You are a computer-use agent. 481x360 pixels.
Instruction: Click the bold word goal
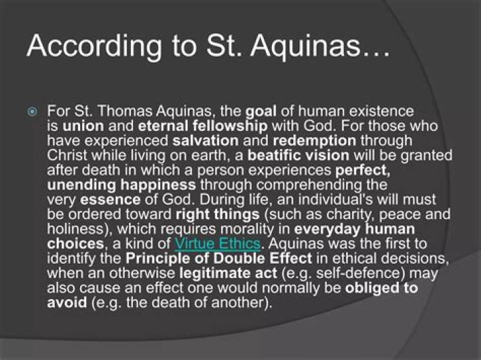point(262,110)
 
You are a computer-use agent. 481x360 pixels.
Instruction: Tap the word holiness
point(72,229)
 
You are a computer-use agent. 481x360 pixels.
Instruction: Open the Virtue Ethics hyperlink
point(216,244)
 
